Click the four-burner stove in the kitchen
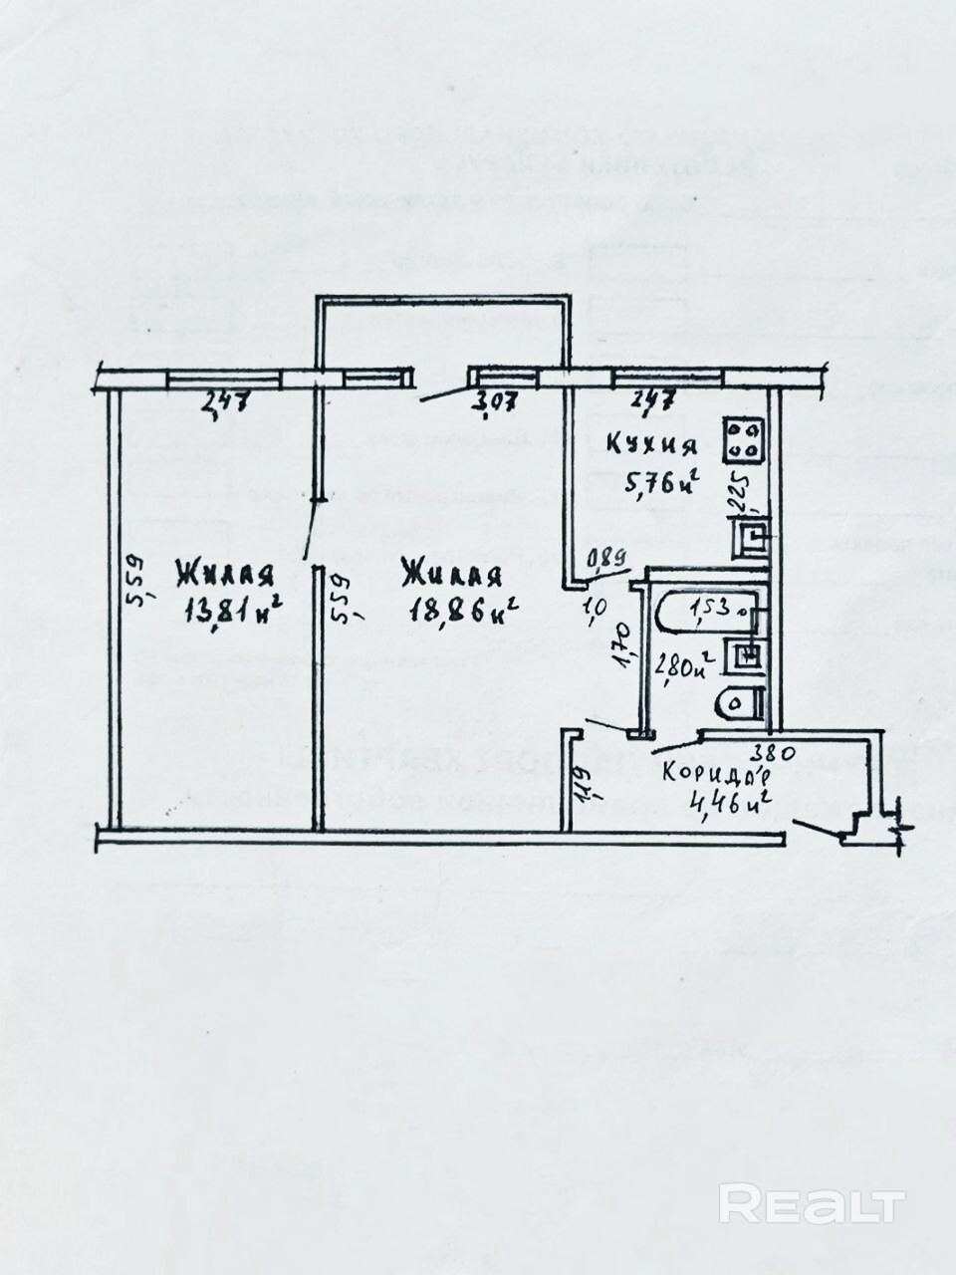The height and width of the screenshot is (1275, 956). coord(744,439)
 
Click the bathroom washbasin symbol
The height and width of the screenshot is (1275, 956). coord(746,654)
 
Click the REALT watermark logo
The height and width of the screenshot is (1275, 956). coord(812,1205)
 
